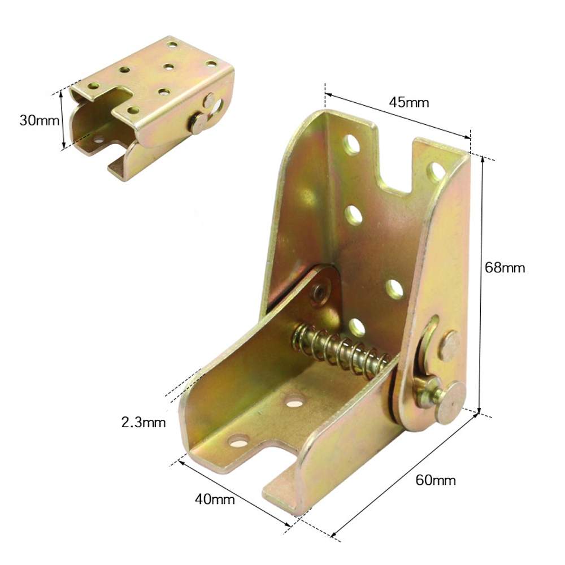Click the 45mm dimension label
[x=409, y=103]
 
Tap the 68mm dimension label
[x=505, y=268]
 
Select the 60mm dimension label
[x=435, y=480]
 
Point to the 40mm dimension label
[x=215, y=499]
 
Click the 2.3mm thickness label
[x=144, y=422]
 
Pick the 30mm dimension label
[x=40, y=120]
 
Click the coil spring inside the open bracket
[x=341, y=348]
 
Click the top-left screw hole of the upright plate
[x=351, y=145]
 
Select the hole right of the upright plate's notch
[x=436, y=172]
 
